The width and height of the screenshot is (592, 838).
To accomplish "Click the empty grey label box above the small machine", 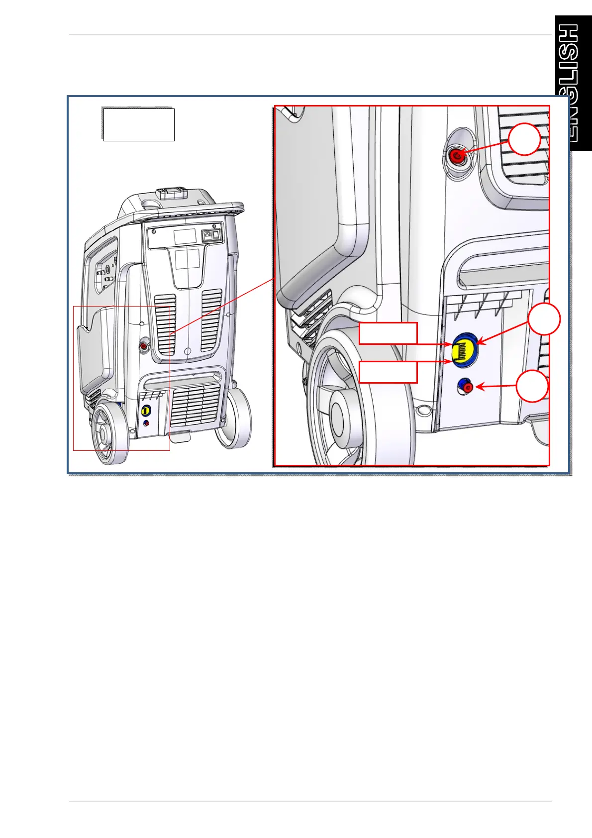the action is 138,124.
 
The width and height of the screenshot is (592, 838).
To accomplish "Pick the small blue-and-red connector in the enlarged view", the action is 465,386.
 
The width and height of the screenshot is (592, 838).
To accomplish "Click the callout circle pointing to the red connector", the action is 524,139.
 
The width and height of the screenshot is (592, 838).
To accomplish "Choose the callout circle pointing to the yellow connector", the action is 544,319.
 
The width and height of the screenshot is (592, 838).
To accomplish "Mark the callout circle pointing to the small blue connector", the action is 532,386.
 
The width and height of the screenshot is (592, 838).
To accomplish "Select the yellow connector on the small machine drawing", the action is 146,411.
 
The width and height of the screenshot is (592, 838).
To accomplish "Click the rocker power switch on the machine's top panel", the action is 216,235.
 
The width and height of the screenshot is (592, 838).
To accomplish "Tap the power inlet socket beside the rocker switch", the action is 206,235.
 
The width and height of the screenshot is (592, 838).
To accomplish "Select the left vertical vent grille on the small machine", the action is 165,323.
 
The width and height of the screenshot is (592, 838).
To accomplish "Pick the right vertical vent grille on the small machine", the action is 211,319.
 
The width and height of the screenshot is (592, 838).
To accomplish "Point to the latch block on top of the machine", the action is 170,193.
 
